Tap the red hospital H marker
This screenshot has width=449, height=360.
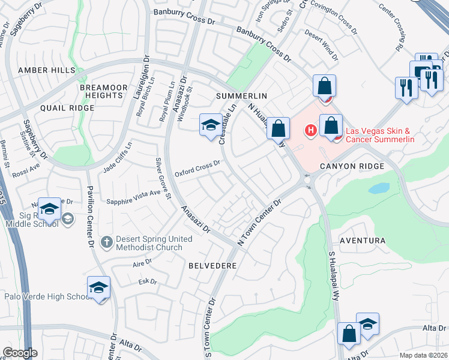click(x=311, y=130)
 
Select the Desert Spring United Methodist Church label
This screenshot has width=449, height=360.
click(x=154, y=243)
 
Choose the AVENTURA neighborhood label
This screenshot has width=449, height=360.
click(x=362, y=241)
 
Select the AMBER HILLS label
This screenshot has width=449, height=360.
click(x=47, y=70)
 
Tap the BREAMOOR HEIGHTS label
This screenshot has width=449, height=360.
click(x=104, y=91)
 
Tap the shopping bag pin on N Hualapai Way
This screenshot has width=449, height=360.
click(x=279, y=128)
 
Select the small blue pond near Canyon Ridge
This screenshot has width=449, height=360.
click(x=379, y=188)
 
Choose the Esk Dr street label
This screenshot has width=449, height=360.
click(x=147, y=281)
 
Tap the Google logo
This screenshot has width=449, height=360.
click(x=20, y=353)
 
